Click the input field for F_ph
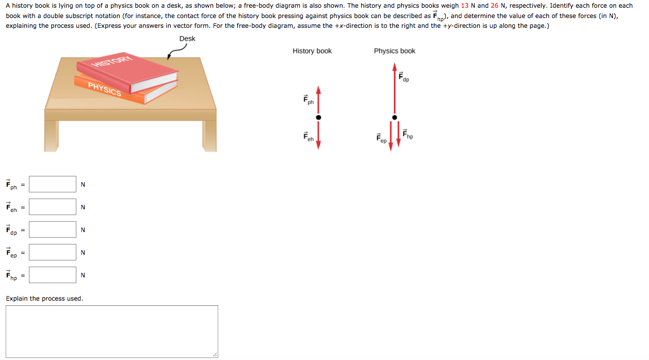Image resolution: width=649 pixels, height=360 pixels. click(53, 184)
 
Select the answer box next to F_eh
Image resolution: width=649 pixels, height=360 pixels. click(53, 207)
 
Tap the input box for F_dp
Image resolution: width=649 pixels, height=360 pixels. click(53, 230)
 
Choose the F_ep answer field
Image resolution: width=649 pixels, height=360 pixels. click(53, 252)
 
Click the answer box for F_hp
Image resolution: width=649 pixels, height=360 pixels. click(53, 275)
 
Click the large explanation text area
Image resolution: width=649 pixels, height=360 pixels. click(112, 331)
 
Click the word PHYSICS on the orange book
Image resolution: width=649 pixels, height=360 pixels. click(105, 89)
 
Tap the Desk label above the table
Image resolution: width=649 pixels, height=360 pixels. click(187, 39)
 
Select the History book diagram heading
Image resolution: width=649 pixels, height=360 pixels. click(312, 51)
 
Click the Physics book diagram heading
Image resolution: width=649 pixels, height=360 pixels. click(395, 51)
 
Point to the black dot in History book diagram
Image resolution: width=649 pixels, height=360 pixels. click(318, 117)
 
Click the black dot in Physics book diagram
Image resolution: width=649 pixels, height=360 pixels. click(395, 117)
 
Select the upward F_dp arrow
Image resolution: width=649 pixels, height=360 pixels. click(395, 88)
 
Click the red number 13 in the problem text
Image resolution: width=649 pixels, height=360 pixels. click(465, 6)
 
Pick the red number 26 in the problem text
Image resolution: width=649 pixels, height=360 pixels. click(495, 6)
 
